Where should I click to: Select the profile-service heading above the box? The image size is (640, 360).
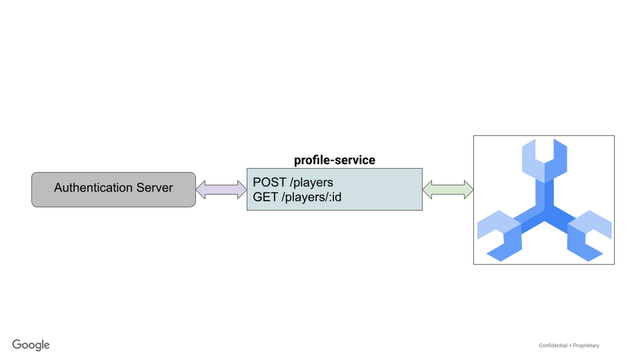click(x=335, y=160)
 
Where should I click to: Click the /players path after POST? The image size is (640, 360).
click(x=311, y=183)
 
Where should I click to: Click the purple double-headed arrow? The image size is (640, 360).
click(x=221, y=189)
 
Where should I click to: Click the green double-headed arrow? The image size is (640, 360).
click(x=448, y=189)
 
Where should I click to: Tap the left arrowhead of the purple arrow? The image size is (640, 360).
click(x=201, y=189)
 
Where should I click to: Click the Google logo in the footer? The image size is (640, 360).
click(x=31, y=345)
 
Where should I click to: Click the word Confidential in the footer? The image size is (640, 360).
click(x=553, y=345)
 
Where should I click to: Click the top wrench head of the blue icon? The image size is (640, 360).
click(x=544, y=160)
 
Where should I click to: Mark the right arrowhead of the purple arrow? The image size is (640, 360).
click(x=241, y=189)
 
